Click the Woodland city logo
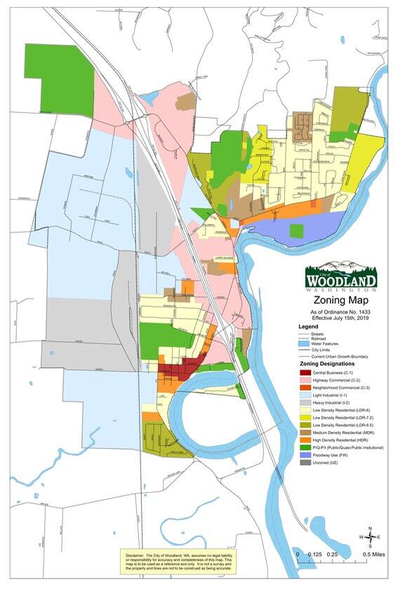[x=340, y=277]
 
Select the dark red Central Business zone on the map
[x=172, y=369]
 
